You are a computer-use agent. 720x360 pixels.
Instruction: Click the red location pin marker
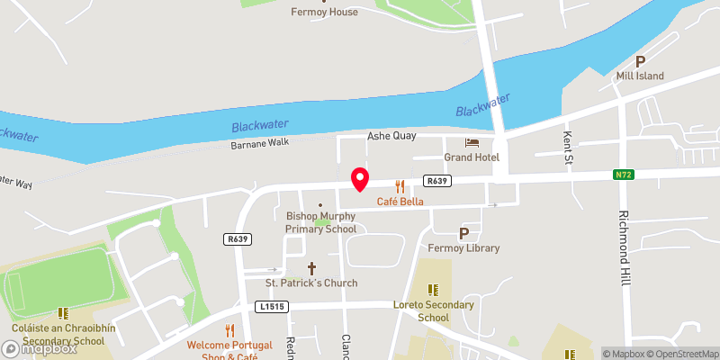[360, 179]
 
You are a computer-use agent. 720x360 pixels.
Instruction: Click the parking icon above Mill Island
[641, 61]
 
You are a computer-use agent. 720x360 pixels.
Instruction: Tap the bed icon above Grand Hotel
[472, 143]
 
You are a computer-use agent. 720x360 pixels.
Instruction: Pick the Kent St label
[568, 140]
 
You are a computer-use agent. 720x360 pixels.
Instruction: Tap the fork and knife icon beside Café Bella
[400, 186]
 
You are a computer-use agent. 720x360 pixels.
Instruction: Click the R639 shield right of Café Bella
[438, 181]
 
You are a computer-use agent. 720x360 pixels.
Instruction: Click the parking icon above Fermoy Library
[464, 232]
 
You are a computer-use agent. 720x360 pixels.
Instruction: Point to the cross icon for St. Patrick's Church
[312, 267]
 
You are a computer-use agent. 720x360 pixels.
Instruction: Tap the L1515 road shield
[270, 306]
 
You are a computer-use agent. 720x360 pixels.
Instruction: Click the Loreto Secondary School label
[434, 310]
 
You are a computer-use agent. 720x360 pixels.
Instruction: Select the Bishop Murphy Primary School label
[321, 222]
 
